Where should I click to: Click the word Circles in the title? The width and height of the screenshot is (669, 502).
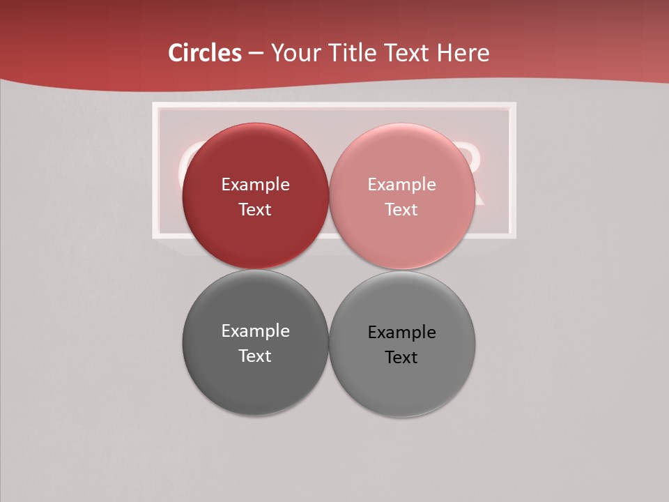(204, 53)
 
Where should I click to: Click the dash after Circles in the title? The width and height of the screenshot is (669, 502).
(255, 54)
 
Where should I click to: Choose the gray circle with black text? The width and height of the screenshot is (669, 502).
(401, 387)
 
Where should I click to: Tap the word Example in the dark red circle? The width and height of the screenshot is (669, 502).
(255, 185)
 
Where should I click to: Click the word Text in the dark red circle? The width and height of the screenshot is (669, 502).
(255, 210)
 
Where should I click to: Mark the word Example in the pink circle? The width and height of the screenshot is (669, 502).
(401, 185)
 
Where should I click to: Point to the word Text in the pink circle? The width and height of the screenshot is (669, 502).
(401, 210)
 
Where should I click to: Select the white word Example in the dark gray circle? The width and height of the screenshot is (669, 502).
(255, 331)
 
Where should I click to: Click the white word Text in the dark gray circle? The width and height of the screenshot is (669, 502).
(255, 356)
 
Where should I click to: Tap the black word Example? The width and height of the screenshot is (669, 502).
(401, 333)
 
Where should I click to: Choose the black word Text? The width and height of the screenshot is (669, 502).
(401, 358)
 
